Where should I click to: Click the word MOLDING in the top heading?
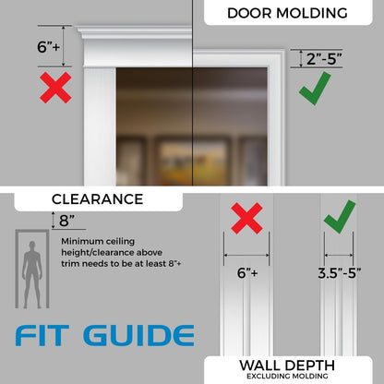click(312, 13)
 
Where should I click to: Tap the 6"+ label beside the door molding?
click(48, 47)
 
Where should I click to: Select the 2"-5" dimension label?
click(324, 58)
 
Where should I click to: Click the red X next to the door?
click(55, 88)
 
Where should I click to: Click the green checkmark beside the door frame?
click(315, 89)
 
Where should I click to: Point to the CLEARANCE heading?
click(97, 199)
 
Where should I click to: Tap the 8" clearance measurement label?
click(66, 221)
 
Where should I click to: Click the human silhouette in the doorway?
click(32, 275)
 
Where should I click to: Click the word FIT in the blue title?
click(42, 335)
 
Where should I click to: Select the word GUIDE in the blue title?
click(138, 335)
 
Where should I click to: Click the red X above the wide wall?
click(246, 218)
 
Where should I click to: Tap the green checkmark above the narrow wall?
click(340, 217)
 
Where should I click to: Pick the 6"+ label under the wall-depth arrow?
click(247, 272)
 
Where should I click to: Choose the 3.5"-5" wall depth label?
click(340, 273)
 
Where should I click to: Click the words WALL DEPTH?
click(287, 366)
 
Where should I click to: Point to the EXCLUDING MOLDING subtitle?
click(287, 376)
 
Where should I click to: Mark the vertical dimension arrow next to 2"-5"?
click(301, 58)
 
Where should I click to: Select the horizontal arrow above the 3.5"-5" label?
click(339, 255)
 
